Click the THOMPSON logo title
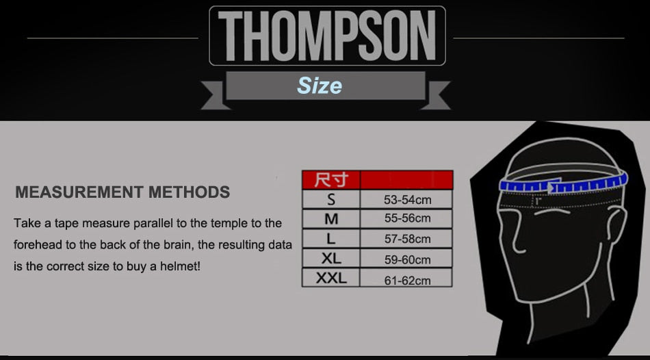coord(327,36)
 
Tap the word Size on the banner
coord(320,86)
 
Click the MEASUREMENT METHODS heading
coord(122,192)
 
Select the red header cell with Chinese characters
coord(331,180)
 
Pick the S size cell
coord(331,199)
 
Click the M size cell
coord(331,218)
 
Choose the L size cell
coord(331,238)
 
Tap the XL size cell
coord(331,259)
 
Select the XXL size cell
coord(331,277)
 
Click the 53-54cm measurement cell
coord(406,199)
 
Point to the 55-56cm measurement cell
coord(406,218)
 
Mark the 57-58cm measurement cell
coord(406,238)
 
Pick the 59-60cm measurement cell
coord(406,259)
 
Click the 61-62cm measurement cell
coord(406,277)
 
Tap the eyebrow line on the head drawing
coord(551,211)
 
